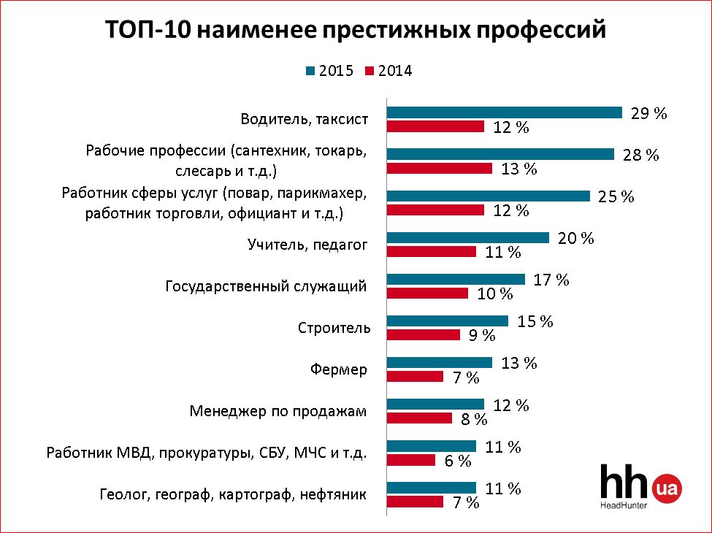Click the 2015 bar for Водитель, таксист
[x=504, y=112]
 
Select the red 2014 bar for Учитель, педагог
[x=431, y=252]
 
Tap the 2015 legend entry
[x=329, y=71]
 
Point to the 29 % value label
[x=649, y=113]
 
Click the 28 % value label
[x=641, y=155]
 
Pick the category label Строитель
[x=334, y=328]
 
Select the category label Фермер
[x=339, y=369]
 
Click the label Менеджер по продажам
[x=277, y=411]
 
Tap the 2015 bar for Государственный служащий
[x=456, y=279]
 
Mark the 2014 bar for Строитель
[x=423, y=335]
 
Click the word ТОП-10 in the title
[x=146, y=31]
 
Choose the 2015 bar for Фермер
[x=439, y=362]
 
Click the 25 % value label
[x=616, y=197]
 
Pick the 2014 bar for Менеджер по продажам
[x=419, y=418]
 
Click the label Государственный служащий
[x=266, y=286]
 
